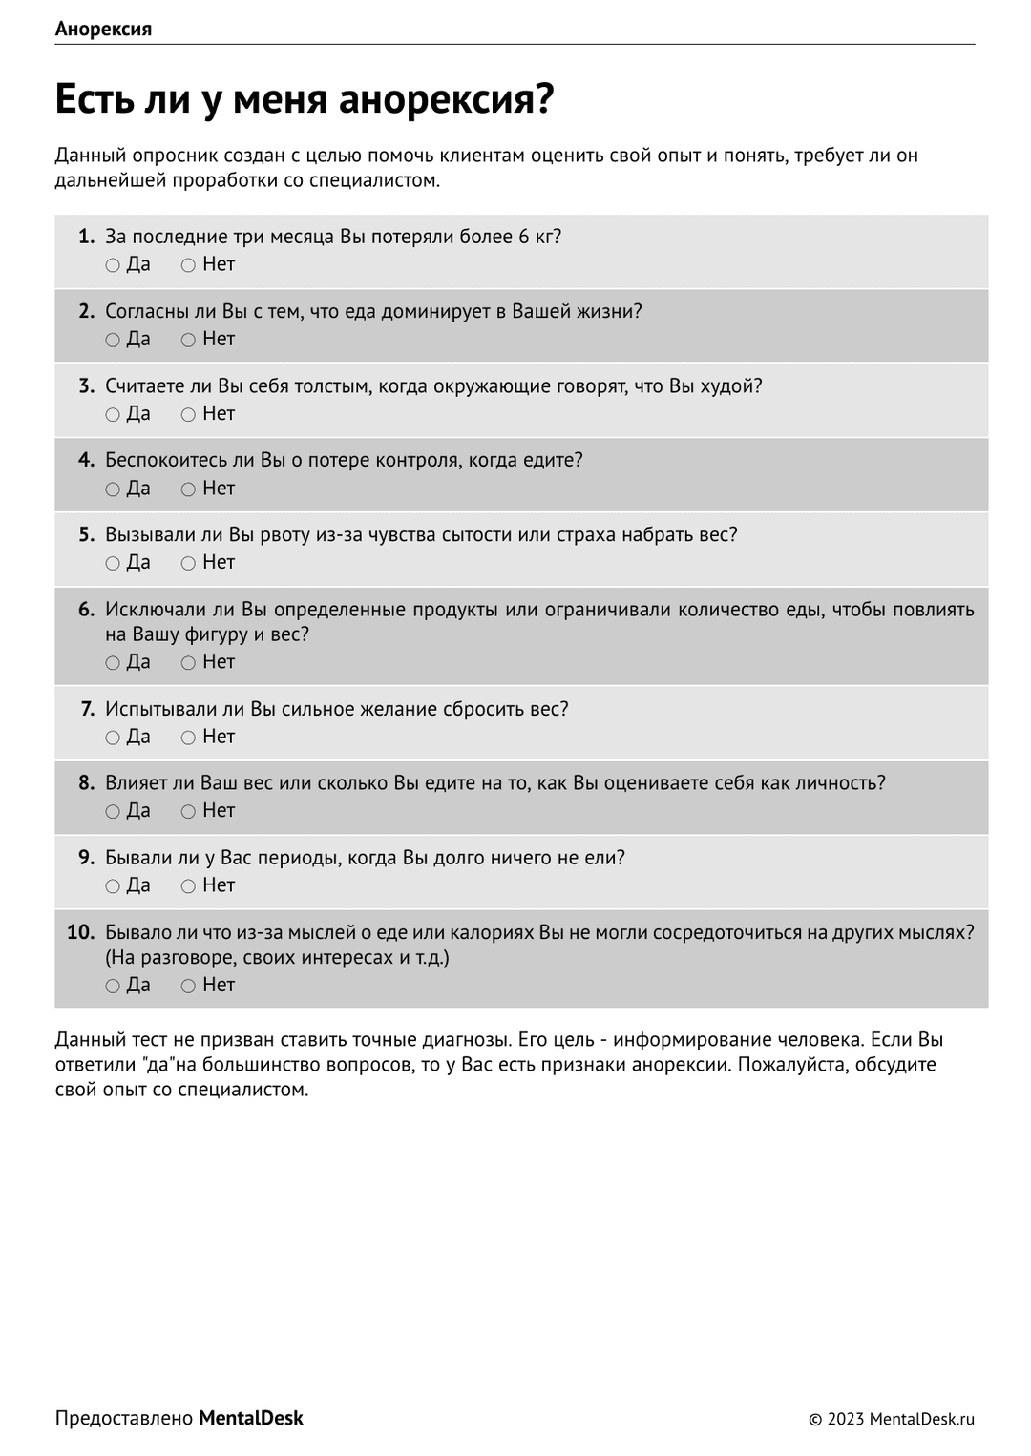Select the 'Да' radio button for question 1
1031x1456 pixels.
(x=113, y=265)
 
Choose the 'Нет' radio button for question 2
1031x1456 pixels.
(x=188, y=340)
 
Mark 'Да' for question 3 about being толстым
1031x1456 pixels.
(x=113, y=414)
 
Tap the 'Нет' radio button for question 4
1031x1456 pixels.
(x=188, y=489)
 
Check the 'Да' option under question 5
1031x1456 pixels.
(x=113, y=563)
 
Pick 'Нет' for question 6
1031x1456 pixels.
(x=188, y=663)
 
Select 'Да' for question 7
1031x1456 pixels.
(x=113, y=738)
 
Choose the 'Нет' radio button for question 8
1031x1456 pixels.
(x=188, y=811)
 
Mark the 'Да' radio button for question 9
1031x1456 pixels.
(x=113, y=886)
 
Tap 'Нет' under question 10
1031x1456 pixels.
(x=188, y=986)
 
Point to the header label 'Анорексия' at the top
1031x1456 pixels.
(x=103, y=29)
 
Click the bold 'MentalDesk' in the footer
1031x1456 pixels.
(x=250, y=1418)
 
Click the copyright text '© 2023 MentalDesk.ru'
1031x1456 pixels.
(x=891, y=1419)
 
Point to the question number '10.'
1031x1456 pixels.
(x=81, y=932)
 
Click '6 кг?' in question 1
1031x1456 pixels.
(x=539, y=237)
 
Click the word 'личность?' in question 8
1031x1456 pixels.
(x=840, y=783)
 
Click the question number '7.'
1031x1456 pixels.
(x=87, y=709)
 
